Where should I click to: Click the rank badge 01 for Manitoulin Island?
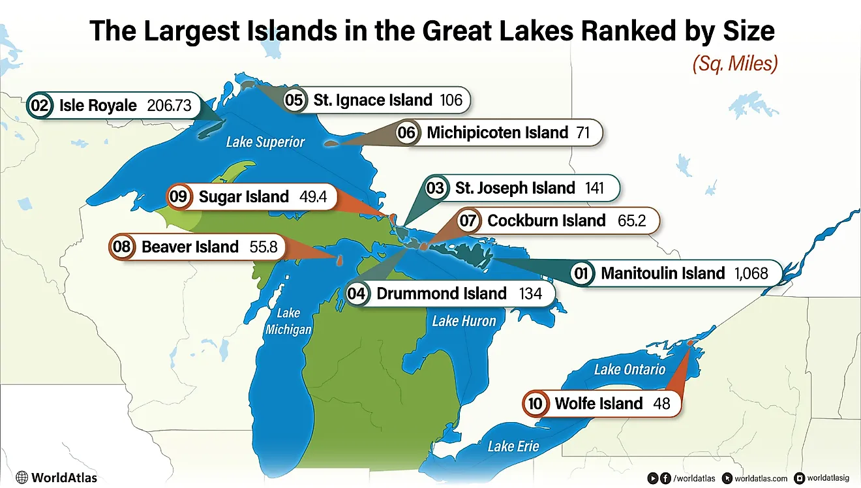581,273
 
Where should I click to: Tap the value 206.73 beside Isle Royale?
170,106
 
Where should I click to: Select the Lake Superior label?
265,142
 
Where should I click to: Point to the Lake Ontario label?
629,369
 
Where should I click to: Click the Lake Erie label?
513,446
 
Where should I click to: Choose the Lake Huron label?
464,320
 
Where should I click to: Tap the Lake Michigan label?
288,322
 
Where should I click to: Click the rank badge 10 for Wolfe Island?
535,404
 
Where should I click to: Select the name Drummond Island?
442,294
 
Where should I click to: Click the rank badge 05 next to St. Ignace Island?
295,100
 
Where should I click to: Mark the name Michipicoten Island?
498,133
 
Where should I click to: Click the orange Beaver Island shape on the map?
339,260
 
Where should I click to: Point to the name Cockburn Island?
547,221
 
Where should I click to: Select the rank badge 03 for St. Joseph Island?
435,189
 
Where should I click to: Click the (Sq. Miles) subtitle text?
734,63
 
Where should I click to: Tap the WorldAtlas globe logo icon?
22,478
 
